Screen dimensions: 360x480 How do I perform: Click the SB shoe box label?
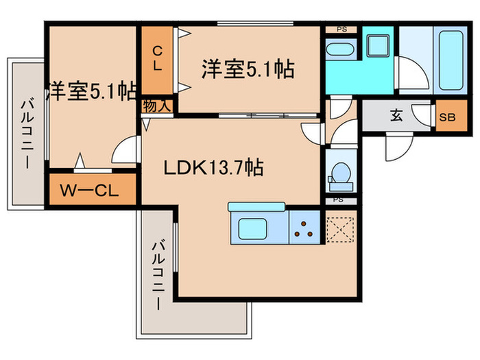pos(446,116)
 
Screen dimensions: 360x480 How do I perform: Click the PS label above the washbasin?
pos(341,29)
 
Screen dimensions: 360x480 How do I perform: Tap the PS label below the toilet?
pos(337,200)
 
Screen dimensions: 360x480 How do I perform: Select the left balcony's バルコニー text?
pos(27,134)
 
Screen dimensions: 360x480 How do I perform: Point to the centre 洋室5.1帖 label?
pos(248,69)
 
